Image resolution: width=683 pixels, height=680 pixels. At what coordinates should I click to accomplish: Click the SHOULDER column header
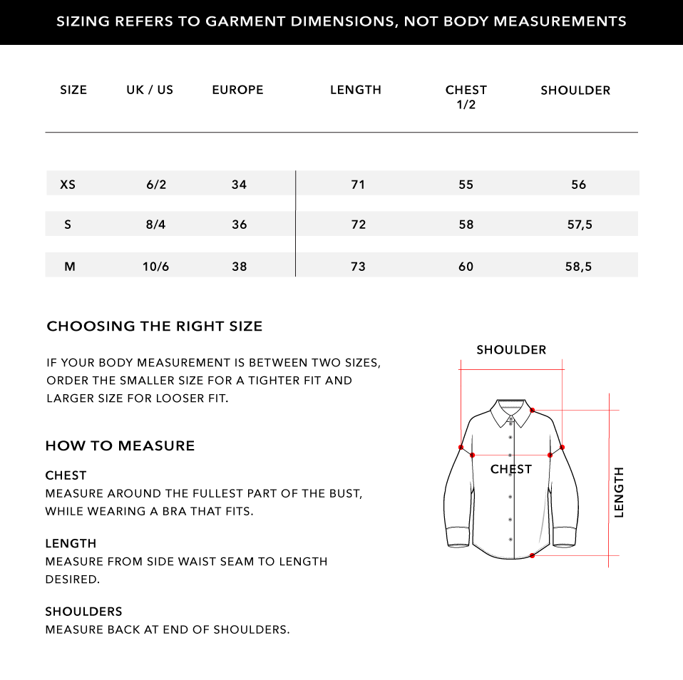tap(575, 91)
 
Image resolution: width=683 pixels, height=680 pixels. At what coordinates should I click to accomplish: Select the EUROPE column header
tap(237, 90)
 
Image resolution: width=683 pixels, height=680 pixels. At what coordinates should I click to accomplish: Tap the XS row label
tap(68, 185)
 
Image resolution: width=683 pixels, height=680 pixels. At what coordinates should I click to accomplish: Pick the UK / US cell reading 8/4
tap(155, 225)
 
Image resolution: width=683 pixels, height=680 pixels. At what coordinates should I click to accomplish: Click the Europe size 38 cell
tap(239, 267)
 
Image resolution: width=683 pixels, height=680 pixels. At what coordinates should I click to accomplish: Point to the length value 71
tap(358, 185)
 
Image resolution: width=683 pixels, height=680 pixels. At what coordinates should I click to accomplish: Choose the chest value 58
tap(466, 225)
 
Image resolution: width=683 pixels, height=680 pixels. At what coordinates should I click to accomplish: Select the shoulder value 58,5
tap(578, 267)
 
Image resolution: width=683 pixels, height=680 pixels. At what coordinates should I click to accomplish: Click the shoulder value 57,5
tap(579, 225)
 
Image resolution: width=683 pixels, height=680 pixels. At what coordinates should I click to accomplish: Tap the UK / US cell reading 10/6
tap(155, 267)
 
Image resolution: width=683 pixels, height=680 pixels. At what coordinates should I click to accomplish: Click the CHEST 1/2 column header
tap(466, 97)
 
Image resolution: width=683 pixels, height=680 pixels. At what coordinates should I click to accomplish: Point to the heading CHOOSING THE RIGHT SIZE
tap(155, 326)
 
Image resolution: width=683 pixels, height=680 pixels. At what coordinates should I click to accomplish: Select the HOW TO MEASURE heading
tap(120, 446)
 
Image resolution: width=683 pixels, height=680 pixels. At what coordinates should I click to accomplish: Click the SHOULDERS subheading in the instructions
tap(83, 612)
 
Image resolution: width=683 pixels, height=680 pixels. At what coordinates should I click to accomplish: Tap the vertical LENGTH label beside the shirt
tap(619, 492)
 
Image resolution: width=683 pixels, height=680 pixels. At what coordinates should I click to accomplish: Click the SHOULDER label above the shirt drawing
tap(511, 350)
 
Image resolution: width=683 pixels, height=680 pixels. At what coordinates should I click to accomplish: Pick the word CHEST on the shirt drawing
tap(510, 469)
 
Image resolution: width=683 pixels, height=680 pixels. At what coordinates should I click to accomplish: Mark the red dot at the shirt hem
tap(533, 555)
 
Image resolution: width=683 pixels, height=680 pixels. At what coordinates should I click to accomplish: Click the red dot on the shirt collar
tap(533, 410)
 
